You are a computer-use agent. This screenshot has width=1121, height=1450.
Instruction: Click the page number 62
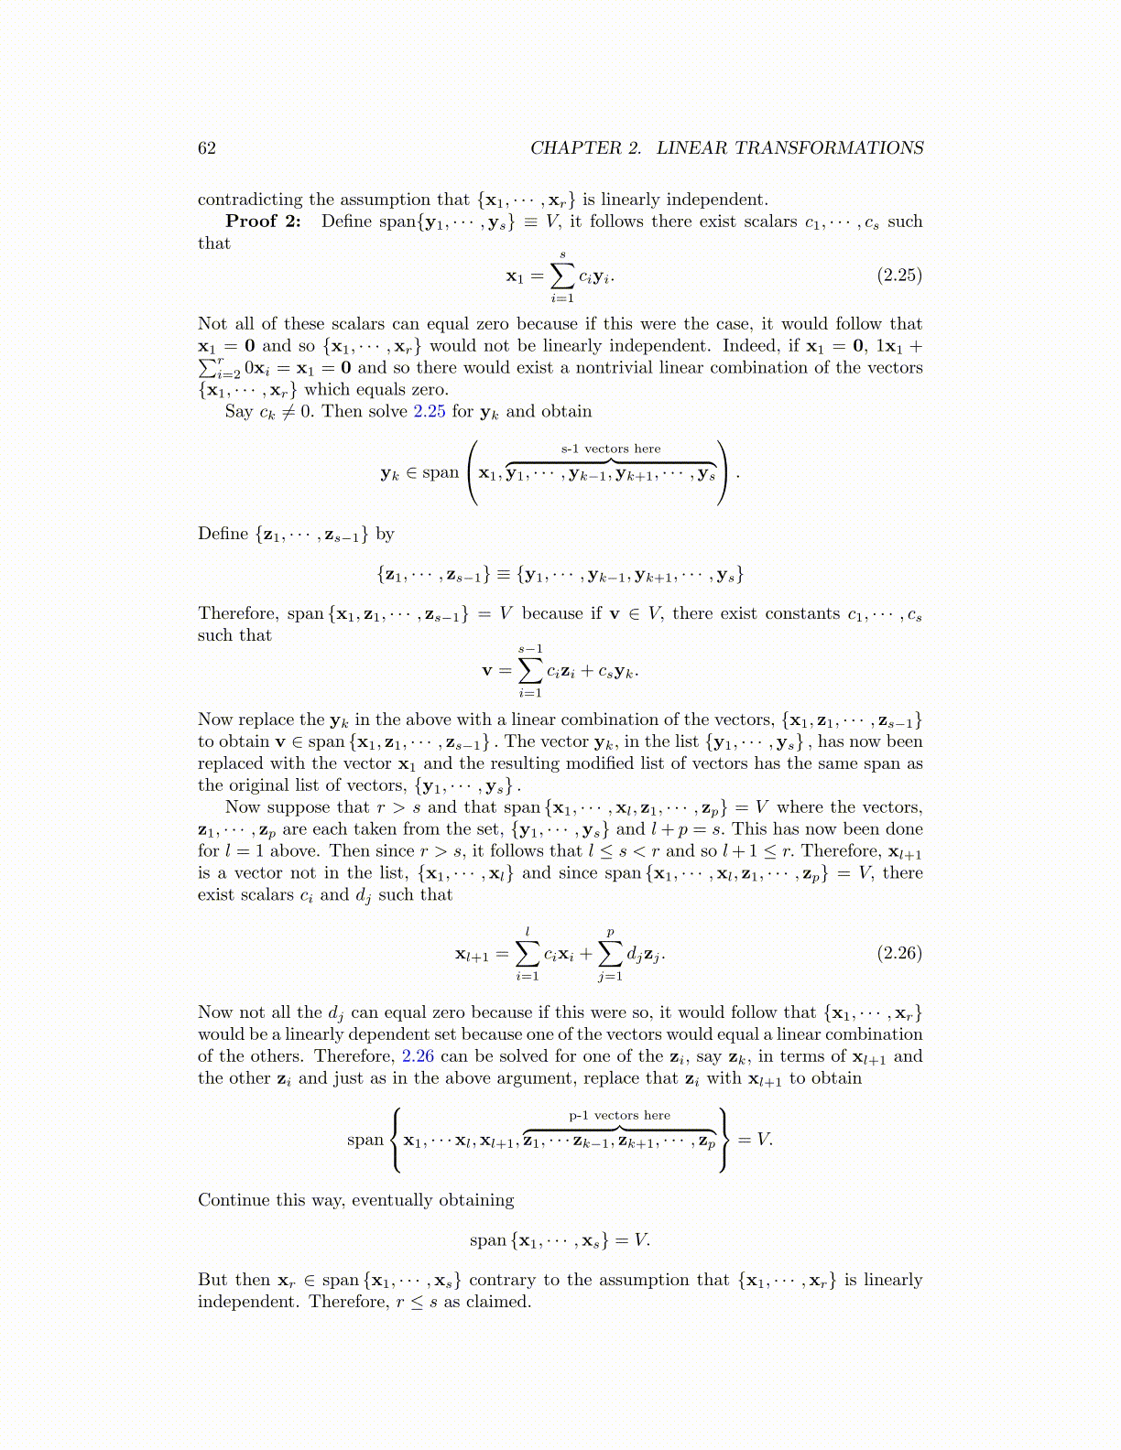click(207, 148)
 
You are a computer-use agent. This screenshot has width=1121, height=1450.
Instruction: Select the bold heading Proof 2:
click(263, 222)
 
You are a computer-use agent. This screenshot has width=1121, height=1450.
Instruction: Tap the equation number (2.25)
click(899, 276)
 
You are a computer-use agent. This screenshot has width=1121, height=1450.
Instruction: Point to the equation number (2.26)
click(899, 953)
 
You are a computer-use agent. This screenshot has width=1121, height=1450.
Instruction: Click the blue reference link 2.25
click(430, 412)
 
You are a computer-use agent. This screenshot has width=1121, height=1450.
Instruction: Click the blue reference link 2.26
click(418, 1056)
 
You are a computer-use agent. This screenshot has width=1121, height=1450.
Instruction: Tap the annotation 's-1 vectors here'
click(611, 449)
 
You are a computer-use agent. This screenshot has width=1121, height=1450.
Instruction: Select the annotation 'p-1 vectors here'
click(620, 1115)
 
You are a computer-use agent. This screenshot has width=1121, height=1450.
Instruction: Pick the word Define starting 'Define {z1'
click(223, 534)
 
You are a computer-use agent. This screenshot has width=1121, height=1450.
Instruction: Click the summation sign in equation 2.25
click(561, 275)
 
